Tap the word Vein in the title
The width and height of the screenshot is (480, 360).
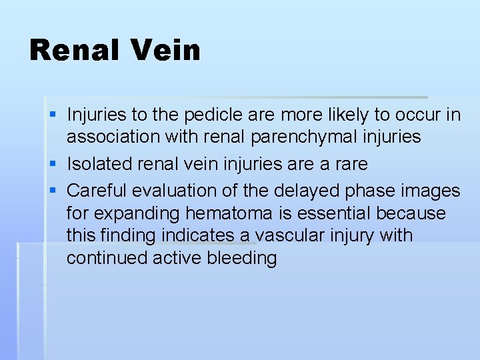168,50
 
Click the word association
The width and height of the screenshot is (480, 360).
111,137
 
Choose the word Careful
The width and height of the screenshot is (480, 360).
97,191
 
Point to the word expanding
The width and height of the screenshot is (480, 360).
128,213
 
